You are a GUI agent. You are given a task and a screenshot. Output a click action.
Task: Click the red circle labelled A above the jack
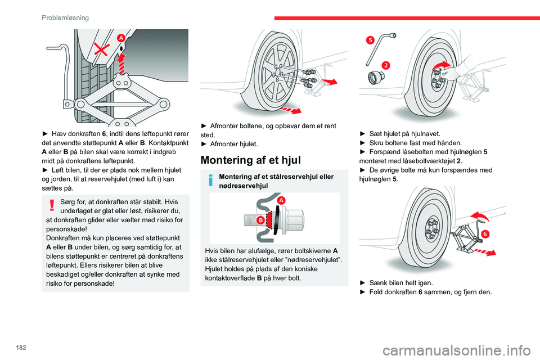tap(121, 38)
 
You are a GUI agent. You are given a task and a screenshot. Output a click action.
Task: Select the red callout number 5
tap(369, 40)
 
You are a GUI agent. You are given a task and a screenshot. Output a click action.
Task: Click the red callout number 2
tap(385, 65)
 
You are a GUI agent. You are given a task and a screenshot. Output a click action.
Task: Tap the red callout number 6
tap(485, 233)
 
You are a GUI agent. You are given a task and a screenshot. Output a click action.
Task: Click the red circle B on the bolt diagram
tap(261, 220)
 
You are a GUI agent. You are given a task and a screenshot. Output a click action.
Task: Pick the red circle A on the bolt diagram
tap(280, 200)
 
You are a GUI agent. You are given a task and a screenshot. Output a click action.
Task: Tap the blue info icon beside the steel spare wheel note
tap(210, 181)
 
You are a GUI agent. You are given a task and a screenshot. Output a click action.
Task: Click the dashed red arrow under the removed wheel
tap(294, 107)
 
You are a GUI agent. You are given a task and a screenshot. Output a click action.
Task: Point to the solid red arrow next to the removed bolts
tap(331, 83)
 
